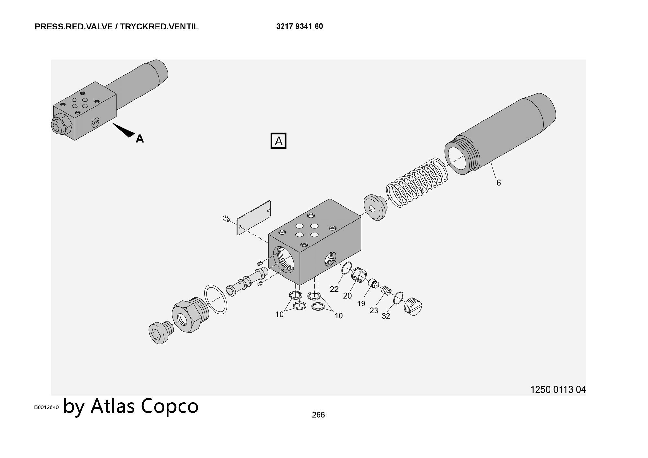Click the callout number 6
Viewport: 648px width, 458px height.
pos(498,183)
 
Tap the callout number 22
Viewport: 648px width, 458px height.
pos(334,289)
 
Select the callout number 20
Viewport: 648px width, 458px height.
pos(347,296)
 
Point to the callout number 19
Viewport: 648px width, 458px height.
pos(361,304)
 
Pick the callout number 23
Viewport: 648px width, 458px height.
pos(374,311)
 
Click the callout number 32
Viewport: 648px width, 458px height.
pos(386,316)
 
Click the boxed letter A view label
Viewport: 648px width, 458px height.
pos(278,141)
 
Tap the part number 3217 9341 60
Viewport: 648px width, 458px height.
pos(299,27)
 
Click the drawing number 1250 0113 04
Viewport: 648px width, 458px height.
pos(558,390)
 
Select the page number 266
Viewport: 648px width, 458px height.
pos(318,415)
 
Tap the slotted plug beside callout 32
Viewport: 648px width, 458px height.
pos(413,306)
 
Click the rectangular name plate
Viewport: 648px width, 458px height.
pos(254,218)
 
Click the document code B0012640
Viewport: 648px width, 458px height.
pos(47,407)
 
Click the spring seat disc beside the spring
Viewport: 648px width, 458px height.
pos(375,207)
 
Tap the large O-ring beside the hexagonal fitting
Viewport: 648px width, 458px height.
pos(216,299)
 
